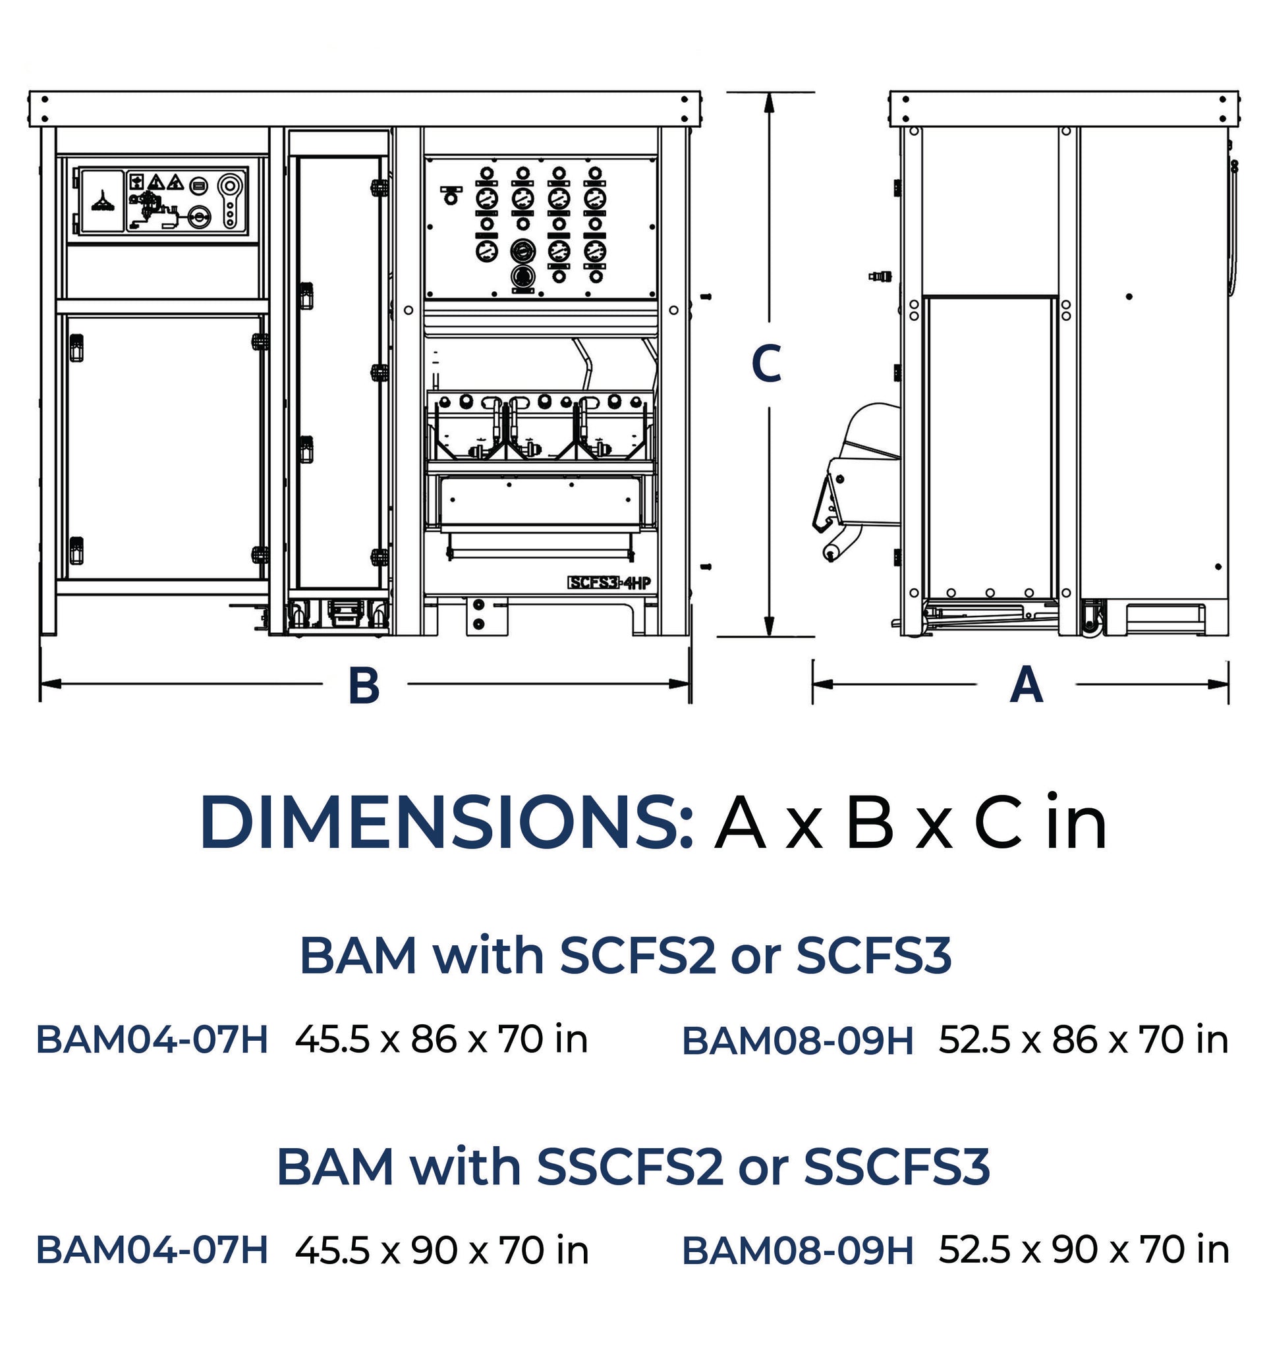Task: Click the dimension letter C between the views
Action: (767, 364)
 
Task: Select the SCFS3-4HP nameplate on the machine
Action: (609, 582)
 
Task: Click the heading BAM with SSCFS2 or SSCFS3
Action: (633, 1167)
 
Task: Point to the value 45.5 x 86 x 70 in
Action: (441, 1039)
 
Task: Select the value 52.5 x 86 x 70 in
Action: (1084, 1039)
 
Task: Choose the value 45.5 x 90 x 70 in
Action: (441, 1250)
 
